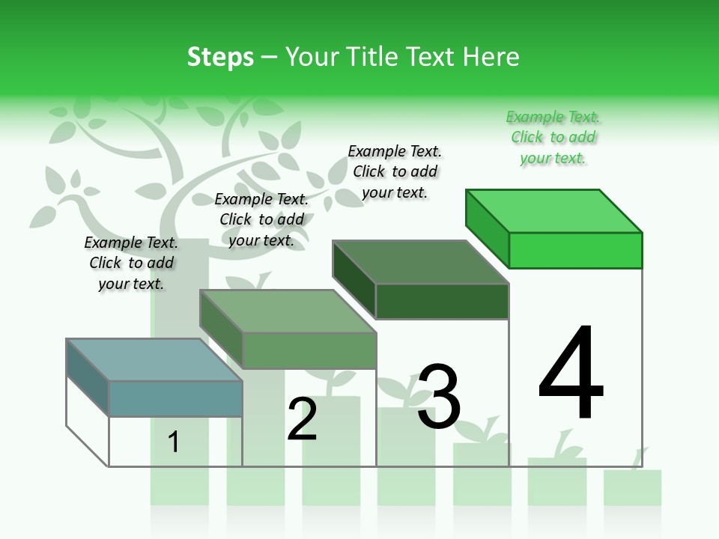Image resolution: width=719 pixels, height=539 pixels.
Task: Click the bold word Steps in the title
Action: click(x=220, y=57)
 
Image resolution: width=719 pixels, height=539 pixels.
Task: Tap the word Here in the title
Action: click(x=490, y=57)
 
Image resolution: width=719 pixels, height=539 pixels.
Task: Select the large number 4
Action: click(x=571, y=374)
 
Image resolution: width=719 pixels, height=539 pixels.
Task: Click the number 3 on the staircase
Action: click(x=439, y=397)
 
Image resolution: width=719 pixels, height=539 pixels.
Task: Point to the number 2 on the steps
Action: click(x=303, y=419)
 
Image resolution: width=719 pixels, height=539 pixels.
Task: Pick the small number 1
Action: click(x=174, y=442)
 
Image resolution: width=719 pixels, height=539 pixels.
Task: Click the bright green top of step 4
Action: click(x=554, y=210)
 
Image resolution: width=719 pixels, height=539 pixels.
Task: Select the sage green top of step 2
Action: click(x=288, y=311)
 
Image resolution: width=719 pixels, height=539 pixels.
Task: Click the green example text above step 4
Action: click(x=553, y=138)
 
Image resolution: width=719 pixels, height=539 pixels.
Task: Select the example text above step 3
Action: click(x=395, y=171)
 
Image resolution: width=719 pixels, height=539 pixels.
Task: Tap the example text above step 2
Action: click(x=261, y=219)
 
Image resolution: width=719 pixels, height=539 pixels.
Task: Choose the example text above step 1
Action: click(x=131, y=263)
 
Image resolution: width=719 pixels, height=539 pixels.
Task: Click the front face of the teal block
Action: click(x=176, y=398)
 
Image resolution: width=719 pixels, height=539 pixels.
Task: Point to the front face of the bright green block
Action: click(x=575, y=250)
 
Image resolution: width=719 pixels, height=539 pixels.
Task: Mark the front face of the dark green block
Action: click(x=442, y=301)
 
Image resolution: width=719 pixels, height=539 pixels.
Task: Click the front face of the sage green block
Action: click(x=309, y=350)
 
